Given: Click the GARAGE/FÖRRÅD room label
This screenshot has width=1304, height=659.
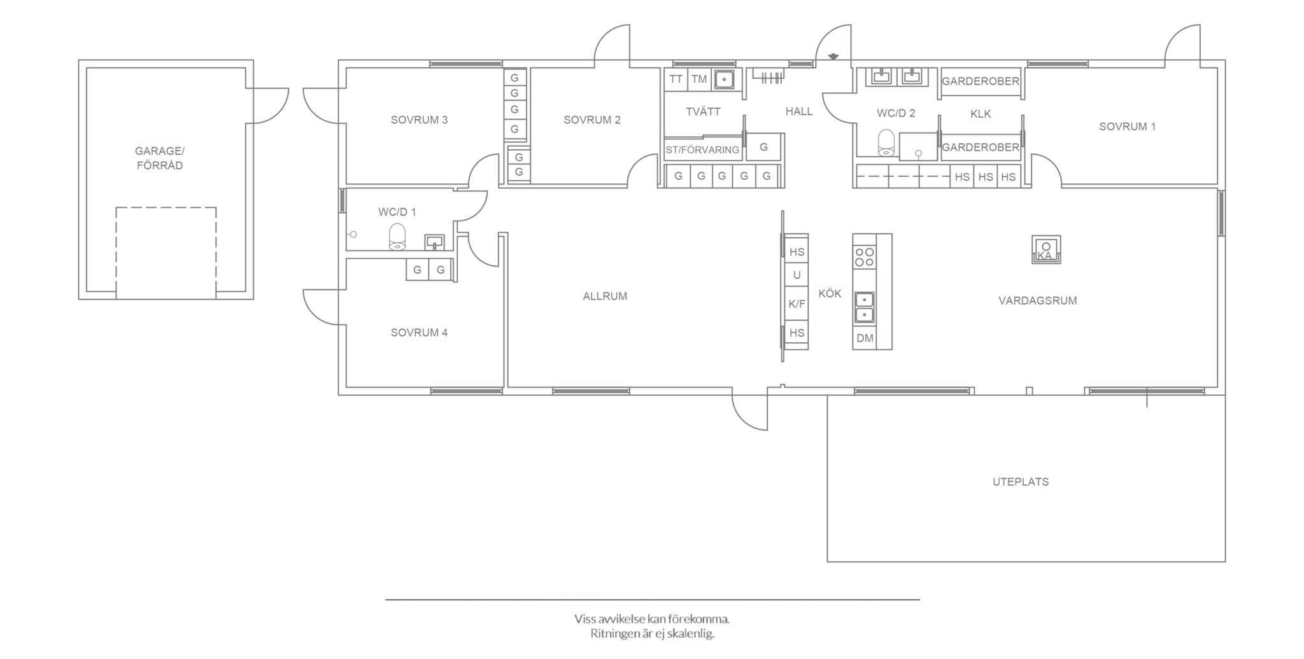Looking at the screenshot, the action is tap(159, 158).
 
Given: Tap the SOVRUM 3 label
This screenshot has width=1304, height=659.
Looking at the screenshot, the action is tap(419, 120).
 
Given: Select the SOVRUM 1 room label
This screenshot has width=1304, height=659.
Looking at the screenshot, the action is tap(1127, 127).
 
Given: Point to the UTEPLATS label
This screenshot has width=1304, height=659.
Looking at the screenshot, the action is tap(1021, 482).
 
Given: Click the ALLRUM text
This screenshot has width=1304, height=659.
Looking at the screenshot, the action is tap(605, 296).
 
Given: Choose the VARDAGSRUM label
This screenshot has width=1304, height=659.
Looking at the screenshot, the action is tap(1038, 301).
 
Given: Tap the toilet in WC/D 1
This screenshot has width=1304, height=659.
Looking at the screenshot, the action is tap(397, 237).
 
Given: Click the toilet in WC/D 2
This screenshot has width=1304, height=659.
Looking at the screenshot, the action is tap(886, 143).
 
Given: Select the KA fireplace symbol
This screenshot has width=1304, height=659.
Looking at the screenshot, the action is tap(1046, 249).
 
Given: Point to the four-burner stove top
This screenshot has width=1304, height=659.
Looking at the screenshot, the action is tap(865, 257).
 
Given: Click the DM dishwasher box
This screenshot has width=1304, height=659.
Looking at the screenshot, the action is tap(865, 338).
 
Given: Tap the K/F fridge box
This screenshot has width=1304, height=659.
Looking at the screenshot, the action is tap(797, 304).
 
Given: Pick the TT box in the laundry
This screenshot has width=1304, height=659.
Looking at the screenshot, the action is tap(676, 80).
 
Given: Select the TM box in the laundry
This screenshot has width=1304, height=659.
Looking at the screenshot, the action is tap(699, 80).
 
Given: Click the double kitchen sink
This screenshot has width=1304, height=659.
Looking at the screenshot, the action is tap(864, 307).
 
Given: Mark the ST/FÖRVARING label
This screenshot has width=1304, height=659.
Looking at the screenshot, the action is tap(702, 150).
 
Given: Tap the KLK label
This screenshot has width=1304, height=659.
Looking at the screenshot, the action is tap(981, 114).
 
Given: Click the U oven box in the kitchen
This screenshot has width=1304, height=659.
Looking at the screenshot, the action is tap(797, 275).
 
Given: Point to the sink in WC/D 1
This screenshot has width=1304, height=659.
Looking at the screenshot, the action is tap(434, 242).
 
